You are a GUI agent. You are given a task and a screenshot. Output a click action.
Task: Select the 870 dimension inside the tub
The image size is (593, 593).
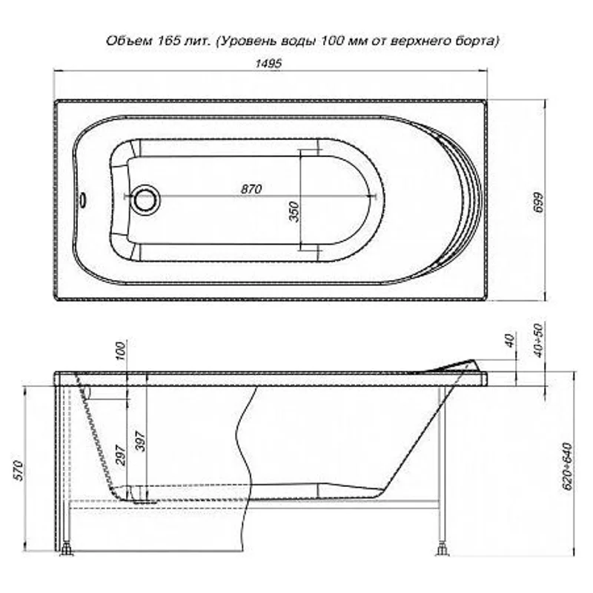point(252,189)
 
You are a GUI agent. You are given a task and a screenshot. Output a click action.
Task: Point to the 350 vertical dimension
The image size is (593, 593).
point(294,212)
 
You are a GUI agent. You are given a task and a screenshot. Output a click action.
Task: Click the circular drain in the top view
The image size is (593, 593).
point(145,197)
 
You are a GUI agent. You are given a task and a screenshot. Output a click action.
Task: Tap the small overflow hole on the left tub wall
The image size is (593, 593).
point(84,199)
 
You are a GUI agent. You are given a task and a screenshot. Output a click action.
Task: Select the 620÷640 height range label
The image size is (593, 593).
point(568,466)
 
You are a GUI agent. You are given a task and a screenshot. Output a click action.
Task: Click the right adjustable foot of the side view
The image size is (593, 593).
point(443,549)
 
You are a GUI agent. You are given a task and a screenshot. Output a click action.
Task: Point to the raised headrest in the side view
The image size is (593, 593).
point(460,365)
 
